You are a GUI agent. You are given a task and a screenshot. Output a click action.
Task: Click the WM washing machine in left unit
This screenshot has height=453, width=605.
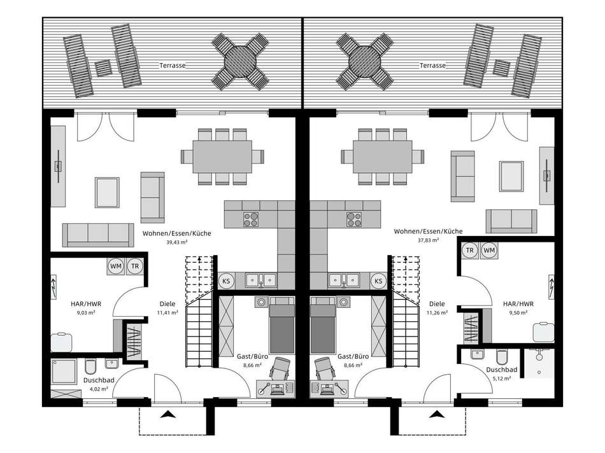(116, 266)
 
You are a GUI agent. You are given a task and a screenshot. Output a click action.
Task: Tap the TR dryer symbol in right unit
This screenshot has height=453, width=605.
(469, 250)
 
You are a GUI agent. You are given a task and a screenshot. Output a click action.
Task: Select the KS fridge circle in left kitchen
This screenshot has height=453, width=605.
(226, 281)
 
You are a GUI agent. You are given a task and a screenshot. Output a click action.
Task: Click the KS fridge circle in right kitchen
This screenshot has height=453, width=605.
(378, 281)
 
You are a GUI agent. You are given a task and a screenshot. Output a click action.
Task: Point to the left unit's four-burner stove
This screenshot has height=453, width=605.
(251, 219)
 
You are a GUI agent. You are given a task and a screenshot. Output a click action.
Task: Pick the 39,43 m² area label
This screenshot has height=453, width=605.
(176, 242)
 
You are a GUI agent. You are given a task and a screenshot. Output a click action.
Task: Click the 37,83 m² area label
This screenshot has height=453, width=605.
(428, 240)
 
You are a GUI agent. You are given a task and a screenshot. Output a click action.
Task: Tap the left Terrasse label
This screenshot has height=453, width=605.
(173, 66)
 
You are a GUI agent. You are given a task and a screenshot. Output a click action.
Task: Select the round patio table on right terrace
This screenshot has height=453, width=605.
(365, 62)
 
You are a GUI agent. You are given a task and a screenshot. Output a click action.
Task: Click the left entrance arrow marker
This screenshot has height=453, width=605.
(168, 414)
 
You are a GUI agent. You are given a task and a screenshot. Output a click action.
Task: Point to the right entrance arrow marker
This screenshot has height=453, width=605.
(437, 414)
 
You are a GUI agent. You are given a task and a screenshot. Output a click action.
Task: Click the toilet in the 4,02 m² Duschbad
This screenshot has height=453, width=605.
(90, 366)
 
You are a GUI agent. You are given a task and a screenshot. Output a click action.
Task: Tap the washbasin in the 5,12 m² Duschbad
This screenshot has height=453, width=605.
(477, 354)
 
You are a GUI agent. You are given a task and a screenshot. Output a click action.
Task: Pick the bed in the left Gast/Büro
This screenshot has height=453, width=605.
(281, 325)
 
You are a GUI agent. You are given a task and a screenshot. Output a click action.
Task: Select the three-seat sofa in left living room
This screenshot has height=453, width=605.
(98, 234)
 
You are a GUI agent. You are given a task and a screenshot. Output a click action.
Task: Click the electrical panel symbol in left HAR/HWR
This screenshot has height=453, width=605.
(53, 286)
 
